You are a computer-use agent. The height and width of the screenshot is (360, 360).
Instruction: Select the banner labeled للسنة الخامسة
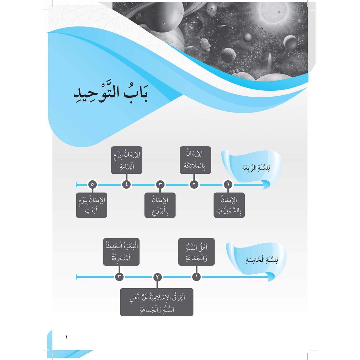pos(256,259)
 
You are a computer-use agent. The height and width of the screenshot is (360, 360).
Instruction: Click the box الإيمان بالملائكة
pos(195,160)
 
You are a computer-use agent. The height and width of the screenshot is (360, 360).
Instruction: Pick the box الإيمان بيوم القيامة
pos(127,160)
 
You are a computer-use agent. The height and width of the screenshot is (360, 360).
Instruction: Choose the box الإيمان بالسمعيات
pos(229,205)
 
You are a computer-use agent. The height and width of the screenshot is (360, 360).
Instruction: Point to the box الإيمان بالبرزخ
pos(160,205)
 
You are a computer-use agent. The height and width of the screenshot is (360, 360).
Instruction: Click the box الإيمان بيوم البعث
pos(92,205)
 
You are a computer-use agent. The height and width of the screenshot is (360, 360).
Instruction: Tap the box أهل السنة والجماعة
pos(196,252)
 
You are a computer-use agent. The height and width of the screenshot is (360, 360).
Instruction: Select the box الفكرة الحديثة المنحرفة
pos(121,252)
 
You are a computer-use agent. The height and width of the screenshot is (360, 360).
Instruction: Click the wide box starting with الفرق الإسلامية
pos(156,302)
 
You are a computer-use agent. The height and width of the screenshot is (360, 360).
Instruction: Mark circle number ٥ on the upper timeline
pos(92,184)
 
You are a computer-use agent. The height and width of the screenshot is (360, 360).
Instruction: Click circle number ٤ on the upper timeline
pos(127,184)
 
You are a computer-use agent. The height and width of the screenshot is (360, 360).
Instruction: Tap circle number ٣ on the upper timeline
pos(160,184)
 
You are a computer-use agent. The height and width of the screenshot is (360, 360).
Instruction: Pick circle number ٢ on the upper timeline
pos(194,184)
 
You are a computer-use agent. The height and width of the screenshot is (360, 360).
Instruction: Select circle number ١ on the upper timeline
pos(228,184)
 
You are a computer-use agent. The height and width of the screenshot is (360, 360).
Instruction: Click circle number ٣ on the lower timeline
pos(119,277)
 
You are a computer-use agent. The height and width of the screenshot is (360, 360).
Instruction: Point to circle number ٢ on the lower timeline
pos(157,277)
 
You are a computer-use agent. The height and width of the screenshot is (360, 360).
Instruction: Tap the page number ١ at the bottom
pos(66,337)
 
